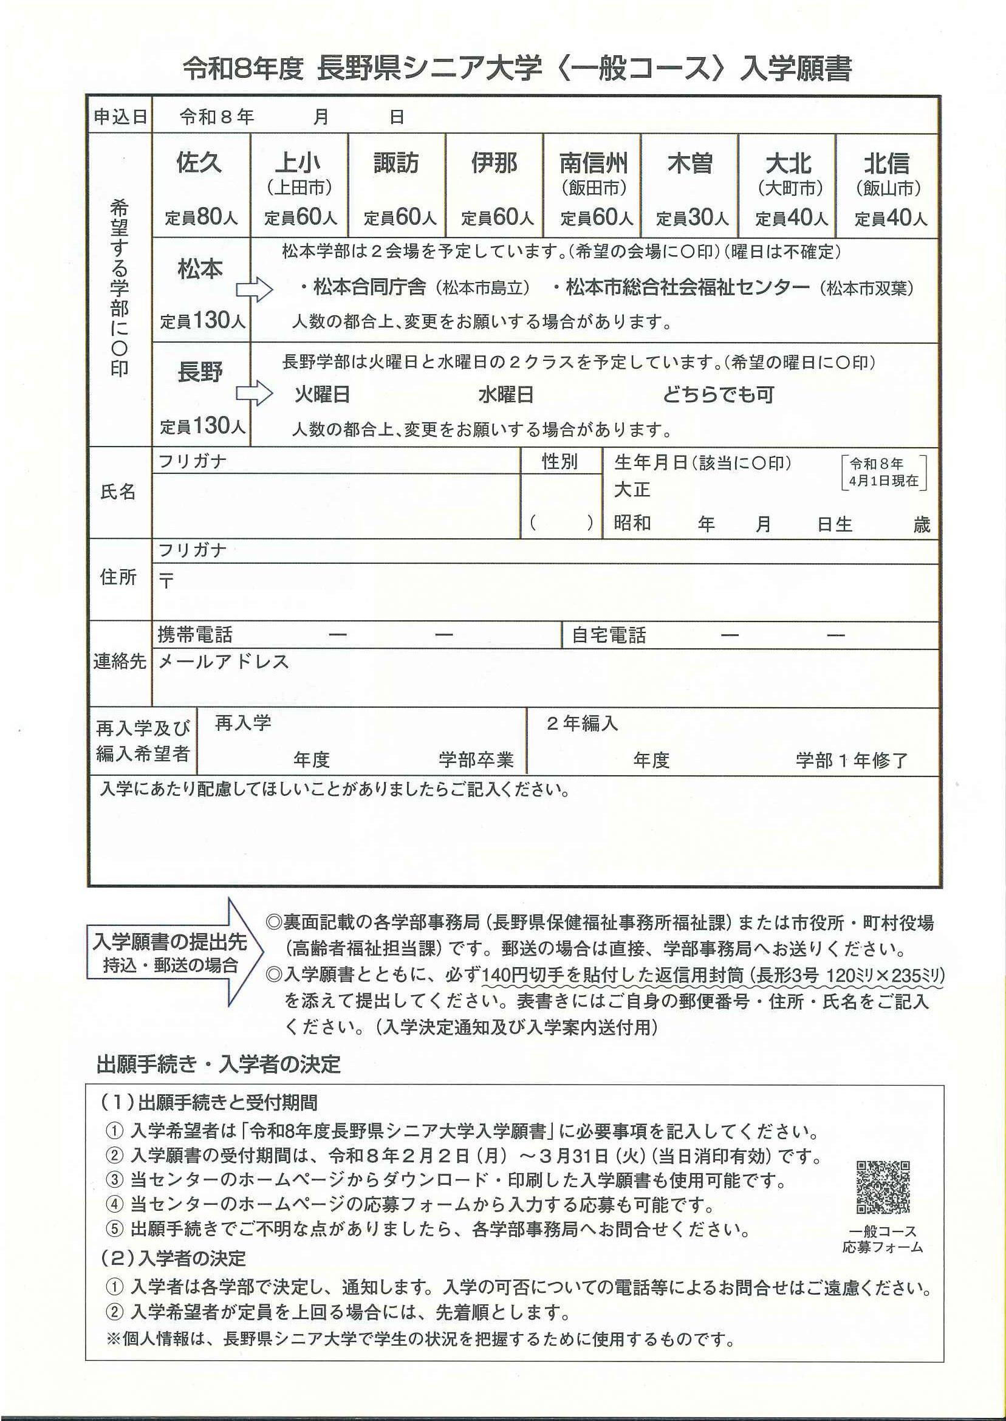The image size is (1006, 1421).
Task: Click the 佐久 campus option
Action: (x=199, y=163)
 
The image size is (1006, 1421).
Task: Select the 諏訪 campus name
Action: (x=396, y=163)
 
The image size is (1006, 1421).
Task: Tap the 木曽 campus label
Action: (x=689, y=163)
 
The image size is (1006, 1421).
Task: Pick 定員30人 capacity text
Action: (x=691, y=217)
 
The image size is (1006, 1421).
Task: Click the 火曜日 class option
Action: (x=321, y=394)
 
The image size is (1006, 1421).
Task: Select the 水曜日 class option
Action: (x=505, y=394)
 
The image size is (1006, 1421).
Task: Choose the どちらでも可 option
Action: (x=718, y=394)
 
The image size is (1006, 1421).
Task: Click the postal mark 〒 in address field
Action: (x=166, y=581)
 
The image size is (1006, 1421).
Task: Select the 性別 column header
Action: (x=559, y=462)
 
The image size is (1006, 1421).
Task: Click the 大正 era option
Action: (x=632, y=490)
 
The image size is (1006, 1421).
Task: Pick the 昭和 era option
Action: (x=632, y=523)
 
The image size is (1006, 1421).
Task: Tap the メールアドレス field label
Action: (x=224, y=662)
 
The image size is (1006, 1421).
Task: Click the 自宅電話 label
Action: (x=608, y=635)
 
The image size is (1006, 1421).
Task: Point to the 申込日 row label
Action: (x=120, y=117)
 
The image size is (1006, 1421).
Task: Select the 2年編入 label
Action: (x=582, y=723)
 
